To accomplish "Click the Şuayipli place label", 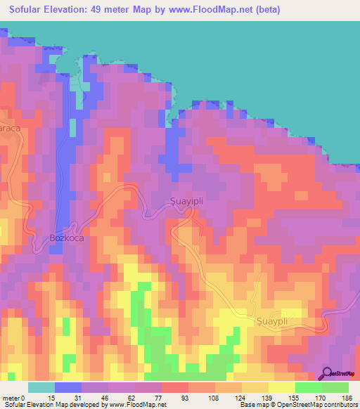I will [x=191, y=200].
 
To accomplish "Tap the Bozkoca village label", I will [x=68, y=238].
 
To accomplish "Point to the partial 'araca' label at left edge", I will [x=11, y=130].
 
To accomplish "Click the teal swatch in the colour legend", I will [x=41, y=387].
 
